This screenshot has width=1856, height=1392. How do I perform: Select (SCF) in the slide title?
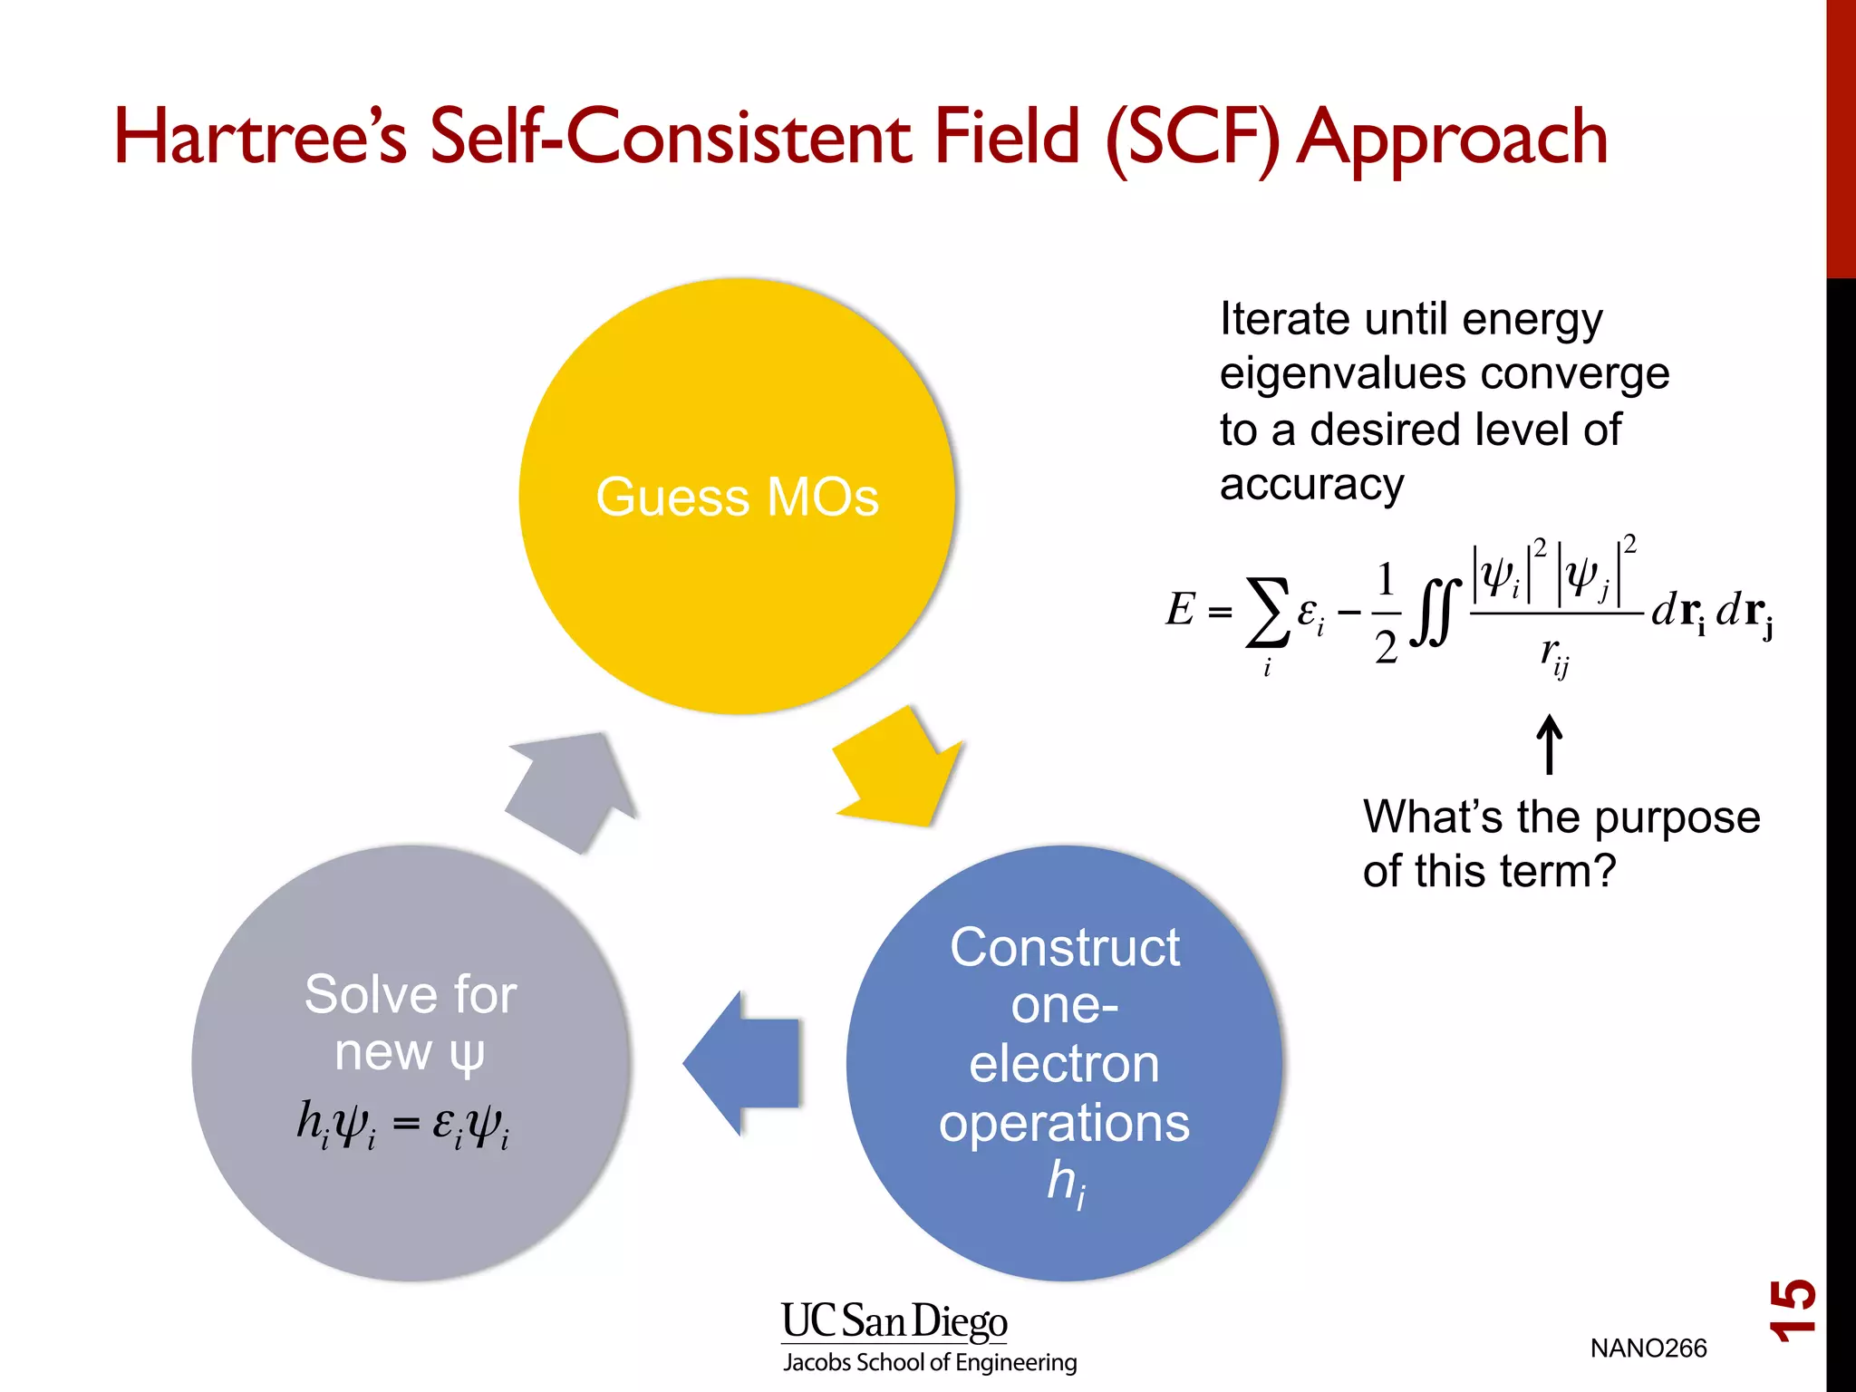pyautogui.click(x=1192, y=139)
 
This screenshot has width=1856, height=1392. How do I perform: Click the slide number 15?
pyautogui.click(x=1793, y=1310)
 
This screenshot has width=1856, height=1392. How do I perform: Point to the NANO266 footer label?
pyautogui.click(x=1648, y=1348)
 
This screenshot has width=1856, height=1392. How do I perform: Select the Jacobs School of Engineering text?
pyautogui.click(x=930, y=1362)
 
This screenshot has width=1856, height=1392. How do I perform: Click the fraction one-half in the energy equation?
pyautogui.click(x=1386, y=613)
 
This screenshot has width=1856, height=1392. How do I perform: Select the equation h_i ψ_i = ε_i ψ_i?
pyautogui.click(x=403, y=1125)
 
